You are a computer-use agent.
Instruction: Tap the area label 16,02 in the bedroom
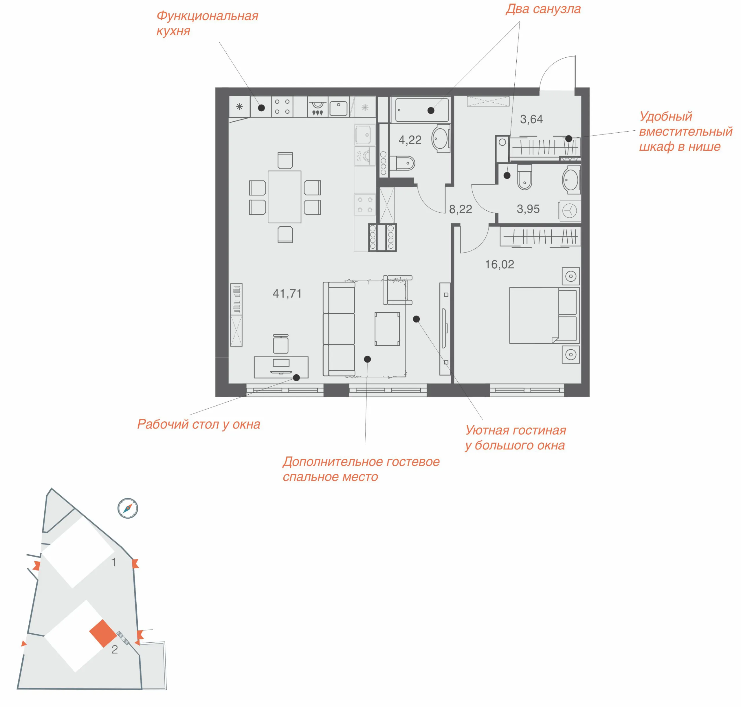coord(499,265)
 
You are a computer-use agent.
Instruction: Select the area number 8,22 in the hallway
coord(461,209)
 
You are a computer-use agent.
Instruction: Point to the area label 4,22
coord(410,140)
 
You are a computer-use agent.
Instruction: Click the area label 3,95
coord(528,209)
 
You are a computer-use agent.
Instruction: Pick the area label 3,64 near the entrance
coord(531,119)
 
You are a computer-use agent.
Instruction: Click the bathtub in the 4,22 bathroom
coord(420,109)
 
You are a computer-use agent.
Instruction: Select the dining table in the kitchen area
coord(284,197)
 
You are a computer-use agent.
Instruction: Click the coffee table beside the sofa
coord(387,329)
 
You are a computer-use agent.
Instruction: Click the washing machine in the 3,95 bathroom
coord(569,210)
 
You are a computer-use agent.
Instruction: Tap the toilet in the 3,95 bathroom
coord(524,177)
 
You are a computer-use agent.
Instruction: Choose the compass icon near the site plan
coord(128,509)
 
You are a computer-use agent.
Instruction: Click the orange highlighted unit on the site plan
coord(103,633)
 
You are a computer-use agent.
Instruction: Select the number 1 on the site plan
coord(114,562)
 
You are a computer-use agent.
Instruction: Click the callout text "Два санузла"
coord(543,9)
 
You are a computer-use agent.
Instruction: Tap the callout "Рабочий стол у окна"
coord(199,425)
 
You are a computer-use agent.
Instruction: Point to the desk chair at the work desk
coord(280,344)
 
